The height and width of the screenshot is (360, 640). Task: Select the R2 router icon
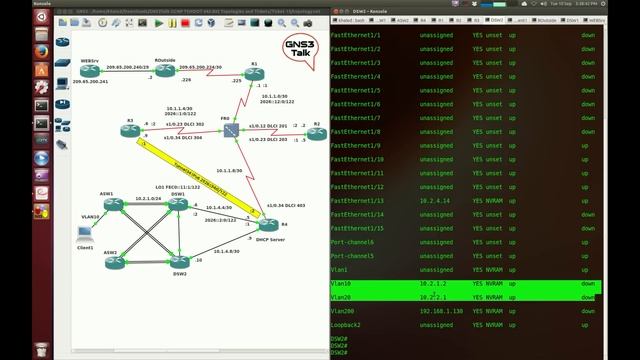click(x=315, y=133)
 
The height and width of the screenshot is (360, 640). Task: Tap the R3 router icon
click(x=129, y=132)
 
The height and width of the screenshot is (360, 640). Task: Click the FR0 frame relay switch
click(x=228, y=132)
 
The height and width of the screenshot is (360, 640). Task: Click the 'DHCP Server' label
click(x=272, y=240)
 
